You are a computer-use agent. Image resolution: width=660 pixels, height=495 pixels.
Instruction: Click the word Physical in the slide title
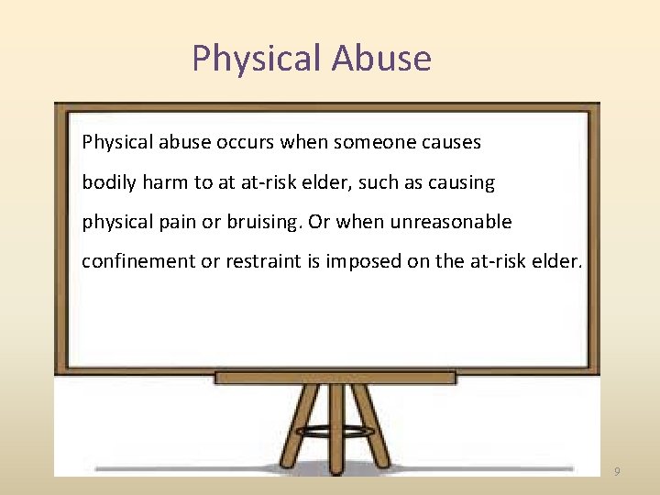tap(257, 59)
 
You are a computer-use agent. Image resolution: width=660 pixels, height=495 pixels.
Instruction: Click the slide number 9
tap(617, 471)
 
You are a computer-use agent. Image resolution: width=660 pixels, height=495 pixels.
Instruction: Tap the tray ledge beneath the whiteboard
tap(335, 377)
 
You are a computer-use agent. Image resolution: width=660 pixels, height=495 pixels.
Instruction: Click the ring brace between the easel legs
tap(336, 430)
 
